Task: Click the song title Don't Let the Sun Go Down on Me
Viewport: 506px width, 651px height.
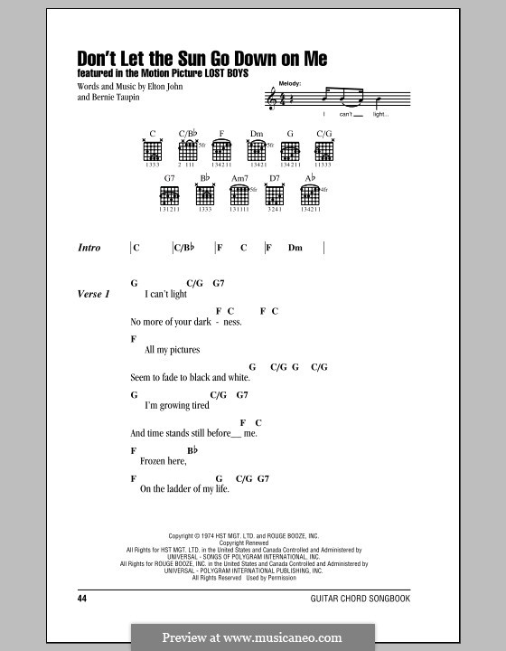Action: pyautogui.click(x=202, y=59)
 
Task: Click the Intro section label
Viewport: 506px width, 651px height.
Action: pyautogui.click(x=89, y=248)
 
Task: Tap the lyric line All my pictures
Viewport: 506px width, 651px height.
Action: pyautogui.click(x=173, y=349)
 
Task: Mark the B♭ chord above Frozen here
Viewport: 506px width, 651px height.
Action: pyautogui.click(x=192, y=449)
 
